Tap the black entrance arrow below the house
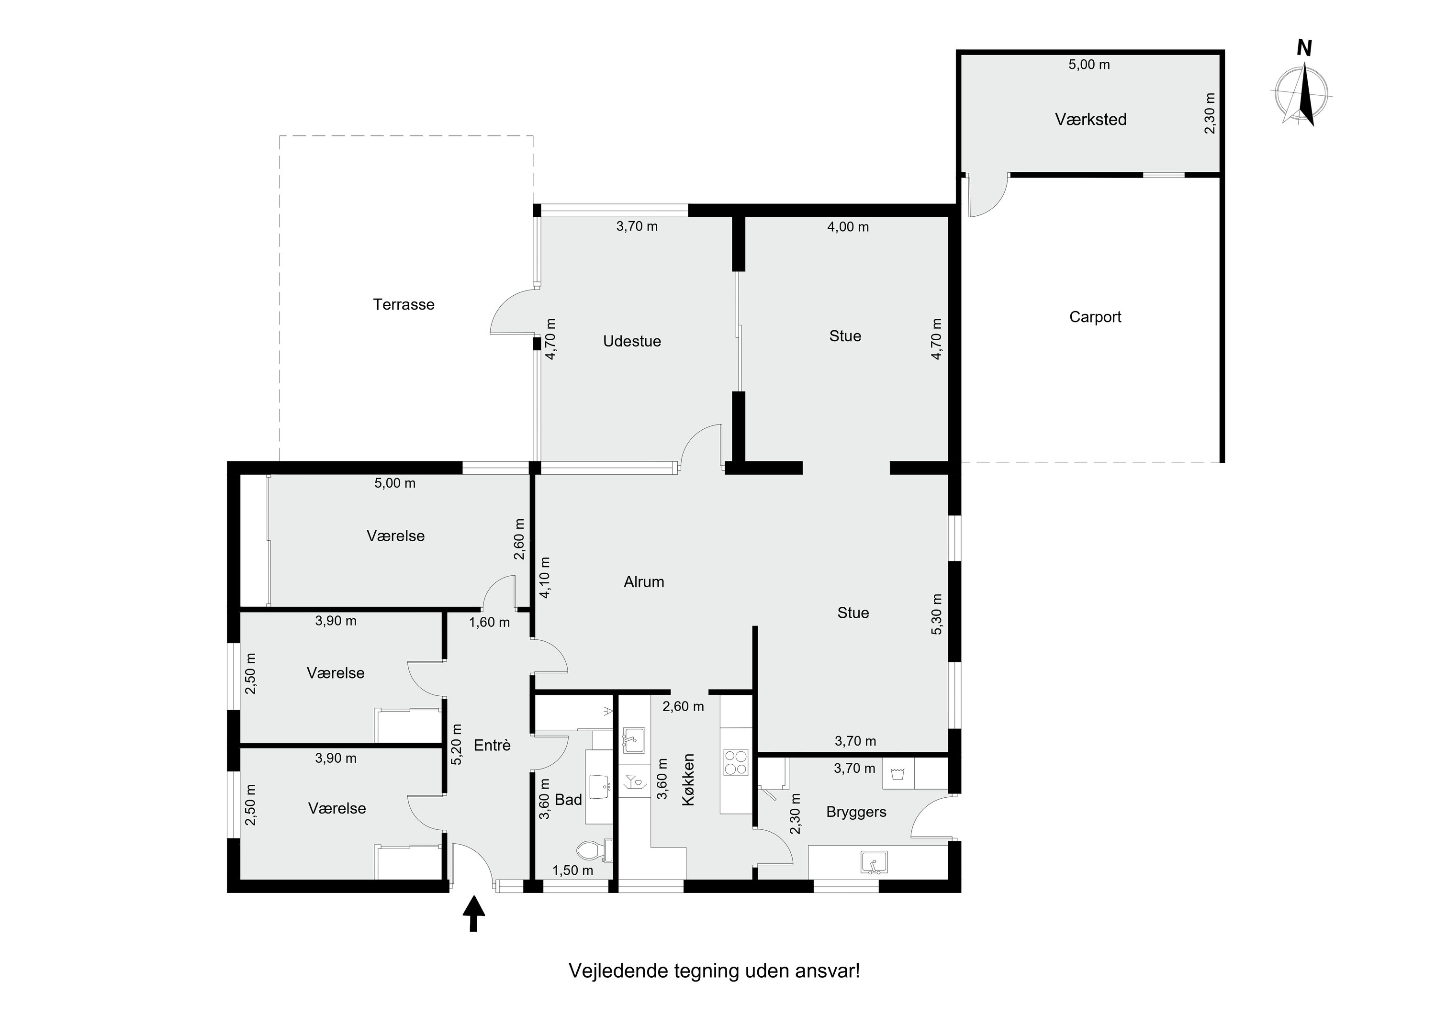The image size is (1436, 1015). (x=473, y=914)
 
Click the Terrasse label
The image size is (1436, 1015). (x=404, y=304)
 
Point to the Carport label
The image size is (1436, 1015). (x=1095, y=317)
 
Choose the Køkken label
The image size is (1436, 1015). (x=688, y=788)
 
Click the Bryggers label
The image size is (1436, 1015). (x=856, y=813)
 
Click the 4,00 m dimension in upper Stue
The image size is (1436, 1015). (x=848, y=227)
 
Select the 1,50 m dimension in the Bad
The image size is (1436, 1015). (x=572, y=870)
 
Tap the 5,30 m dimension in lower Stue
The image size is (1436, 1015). (x=936, y=614)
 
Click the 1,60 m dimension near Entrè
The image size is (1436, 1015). (x=489, y=622)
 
